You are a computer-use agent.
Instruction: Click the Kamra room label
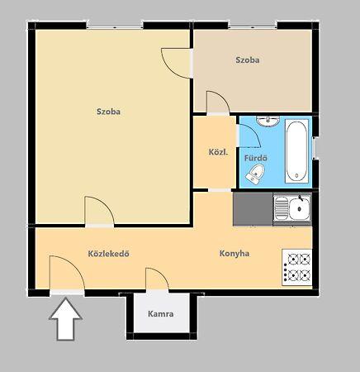pos(161,314)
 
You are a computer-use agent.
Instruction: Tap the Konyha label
pos(234,254)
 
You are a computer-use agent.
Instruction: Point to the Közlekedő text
pos(108,254)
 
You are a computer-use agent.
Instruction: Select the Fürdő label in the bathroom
pos(256,158)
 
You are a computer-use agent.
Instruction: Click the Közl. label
pos(218,152)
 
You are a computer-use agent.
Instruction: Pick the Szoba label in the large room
pos(108,112)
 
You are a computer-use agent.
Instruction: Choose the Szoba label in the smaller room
pos(248,60)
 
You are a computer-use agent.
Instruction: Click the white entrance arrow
pos(65,319)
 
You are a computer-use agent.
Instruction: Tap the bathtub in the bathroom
pos(296,151)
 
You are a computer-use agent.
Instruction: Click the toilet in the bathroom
pos(255,173)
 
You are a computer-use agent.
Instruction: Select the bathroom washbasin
pos(268,121)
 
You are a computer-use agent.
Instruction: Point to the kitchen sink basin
pos(300,208)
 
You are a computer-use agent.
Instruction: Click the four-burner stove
pos(296,267)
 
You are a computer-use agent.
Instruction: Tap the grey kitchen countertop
pos(253,209)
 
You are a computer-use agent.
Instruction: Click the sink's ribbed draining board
pos(282,208)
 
